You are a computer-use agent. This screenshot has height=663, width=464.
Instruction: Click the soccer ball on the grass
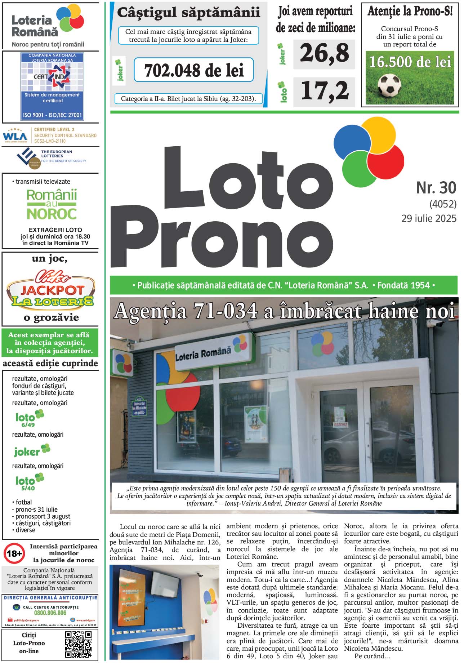click(x=389, y=85)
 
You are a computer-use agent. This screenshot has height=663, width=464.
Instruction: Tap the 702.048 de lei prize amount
click(x=194, y=70)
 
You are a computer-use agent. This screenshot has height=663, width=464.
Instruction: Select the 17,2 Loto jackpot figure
click(x=324, y=90)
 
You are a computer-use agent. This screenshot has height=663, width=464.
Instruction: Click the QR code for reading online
click(x=79, y=644)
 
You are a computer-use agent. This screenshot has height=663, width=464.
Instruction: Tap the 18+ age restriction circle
click(x=14, y=553)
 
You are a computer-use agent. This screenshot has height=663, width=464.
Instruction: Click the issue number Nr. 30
click(x=436, y=188)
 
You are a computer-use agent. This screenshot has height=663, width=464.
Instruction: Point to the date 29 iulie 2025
click(x=429, y=218)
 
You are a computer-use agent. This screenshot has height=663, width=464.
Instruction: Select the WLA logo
click(x=15, y=136)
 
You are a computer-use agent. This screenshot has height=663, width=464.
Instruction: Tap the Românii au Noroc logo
click(x=52, y=204)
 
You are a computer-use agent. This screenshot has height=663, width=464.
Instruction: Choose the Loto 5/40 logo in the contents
click(x=29, y=482)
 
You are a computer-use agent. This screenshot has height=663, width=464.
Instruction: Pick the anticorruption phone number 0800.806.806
click(x=50, y=613)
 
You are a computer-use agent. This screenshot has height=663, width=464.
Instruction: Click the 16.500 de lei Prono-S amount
click(x=410, y=62)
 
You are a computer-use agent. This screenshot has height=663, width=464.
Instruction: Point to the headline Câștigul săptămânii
click(x=188, y=13)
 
